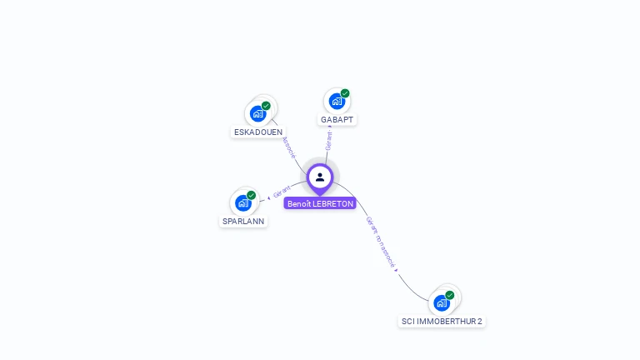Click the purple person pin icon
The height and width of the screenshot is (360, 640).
(320, 177)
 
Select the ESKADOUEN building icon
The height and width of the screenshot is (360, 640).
(257, 113)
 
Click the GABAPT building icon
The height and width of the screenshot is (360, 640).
(337, 101)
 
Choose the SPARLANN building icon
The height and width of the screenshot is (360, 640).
(242, 202)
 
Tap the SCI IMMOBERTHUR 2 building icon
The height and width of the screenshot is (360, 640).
(442, 302)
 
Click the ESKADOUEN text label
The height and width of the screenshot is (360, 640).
(258, 132)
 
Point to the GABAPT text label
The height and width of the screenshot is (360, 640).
(337, 119)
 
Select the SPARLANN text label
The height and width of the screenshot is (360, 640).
(243, 222)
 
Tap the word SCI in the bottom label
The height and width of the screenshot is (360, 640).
(408, 321)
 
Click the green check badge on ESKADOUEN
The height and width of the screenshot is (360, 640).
(266, 106)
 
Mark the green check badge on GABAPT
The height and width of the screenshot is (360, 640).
(345, 93)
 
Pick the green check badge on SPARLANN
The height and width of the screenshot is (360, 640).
(251, 195)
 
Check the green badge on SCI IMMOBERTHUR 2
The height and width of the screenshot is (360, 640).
(450, 295)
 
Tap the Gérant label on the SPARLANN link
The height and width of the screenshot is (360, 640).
(281, 192)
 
